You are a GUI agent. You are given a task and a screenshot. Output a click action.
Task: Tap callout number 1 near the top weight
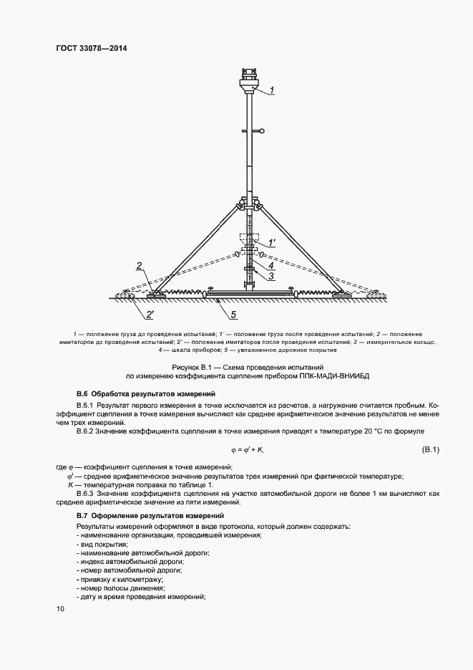point(272,91)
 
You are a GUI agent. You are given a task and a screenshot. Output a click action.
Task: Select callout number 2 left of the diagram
point(139,266)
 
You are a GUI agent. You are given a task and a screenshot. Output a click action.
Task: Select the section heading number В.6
point(82,394)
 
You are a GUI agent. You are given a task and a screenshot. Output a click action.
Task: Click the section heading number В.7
point(82,516)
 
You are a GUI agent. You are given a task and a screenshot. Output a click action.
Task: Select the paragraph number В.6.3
point(87,494)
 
